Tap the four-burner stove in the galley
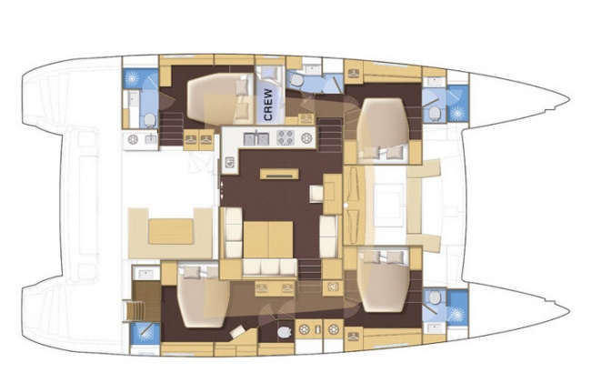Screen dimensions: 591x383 tap(285, 137)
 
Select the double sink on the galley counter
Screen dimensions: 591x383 tap(255, 138)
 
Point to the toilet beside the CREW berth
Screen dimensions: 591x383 tap(295, 80)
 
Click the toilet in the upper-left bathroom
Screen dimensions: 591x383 tap(150, 120)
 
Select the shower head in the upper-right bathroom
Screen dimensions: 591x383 tap(457, 112)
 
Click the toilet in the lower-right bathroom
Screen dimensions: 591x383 tap(435, 297)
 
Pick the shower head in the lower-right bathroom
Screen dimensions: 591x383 tap(457, 314)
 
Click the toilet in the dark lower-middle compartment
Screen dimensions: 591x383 tap(284, 332)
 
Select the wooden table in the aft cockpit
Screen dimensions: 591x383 tap(171, 231)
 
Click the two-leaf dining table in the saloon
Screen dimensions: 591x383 tap(268, 240)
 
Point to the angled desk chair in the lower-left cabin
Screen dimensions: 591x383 tap(238, 331)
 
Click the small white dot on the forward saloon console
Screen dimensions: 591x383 tap(346, 205)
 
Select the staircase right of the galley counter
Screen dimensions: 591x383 tap(330, 135)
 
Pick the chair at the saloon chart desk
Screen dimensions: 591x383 tap(316, 194)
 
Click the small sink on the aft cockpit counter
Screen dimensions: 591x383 tap(151, 139)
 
